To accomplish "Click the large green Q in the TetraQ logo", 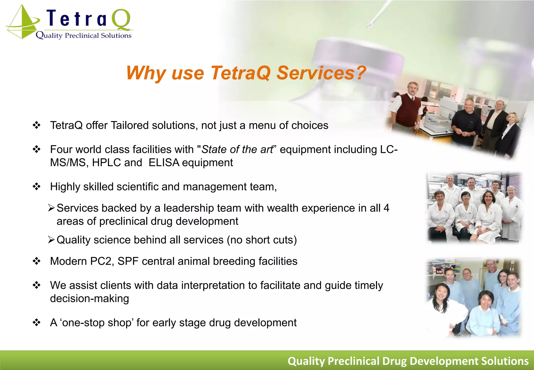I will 121,20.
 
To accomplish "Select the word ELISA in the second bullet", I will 164,163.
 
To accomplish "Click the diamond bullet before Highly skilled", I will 37,187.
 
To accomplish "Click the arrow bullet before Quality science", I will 51,240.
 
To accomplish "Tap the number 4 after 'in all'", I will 386,208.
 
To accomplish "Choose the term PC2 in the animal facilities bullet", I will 101,261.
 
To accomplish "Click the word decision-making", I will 89,299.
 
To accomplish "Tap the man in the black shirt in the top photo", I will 467,123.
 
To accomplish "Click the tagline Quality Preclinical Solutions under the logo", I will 83,35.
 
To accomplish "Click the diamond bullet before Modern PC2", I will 37,261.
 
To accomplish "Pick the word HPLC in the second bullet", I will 107,163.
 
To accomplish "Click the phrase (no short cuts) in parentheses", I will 262,240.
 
